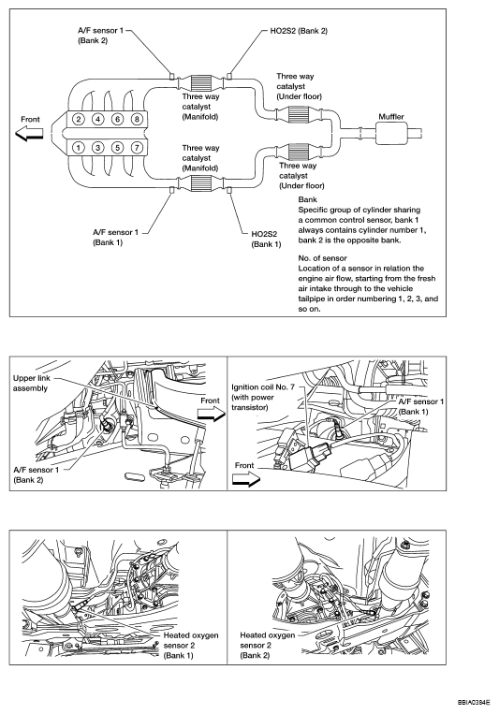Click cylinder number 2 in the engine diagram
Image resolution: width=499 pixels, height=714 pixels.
(x=79, y=119)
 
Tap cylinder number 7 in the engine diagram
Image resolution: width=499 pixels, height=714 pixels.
(x=137, y=148)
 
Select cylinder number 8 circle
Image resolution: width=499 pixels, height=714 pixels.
(x=137, y=119)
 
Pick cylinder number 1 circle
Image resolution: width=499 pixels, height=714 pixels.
(x=79, y=148)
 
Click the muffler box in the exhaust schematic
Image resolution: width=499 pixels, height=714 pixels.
(x=392, y=134)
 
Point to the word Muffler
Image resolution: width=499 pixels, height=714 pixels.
(x=391, y=117)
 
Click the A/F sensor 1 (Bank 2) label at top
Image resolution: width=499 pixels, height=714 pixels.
(x=101, y=36)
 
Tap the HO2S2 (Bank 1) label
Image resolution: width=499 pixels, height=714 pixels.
(x=266, y=239)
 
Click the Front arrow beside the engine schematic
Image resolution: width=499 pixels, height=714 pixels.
(x=29, y=134)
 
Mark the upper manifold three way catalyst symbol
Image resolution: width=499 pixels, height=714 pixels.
(x=200, y=83)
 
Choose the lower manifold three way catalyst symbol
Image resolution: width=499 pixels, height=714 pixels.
(x=200, y=182)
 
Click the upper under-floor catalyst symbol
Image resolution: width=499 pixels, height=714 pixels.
(x=300, y=114)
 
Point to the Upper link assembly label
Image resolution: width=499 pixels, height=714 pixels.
(x=31, y=384)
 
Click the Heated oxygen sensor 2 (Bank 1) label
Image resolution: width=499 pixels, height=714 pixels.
(x=191, y=646)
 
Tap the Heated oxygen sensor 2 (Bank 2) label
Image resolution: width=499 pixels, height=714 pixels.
(x=268, y=646)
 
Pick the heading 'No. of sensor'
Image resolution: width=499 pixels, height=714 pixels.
(x=323, y=258)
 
